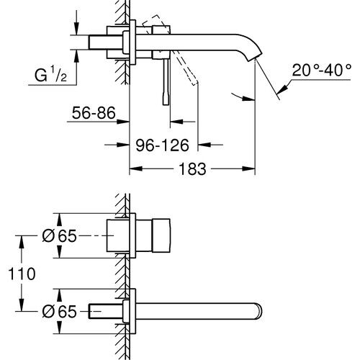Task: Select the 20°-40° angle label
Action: (318, 71)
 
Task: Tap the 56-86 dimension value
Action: (94, 112)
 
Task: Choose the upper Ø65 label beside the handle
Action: (58, 235)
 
